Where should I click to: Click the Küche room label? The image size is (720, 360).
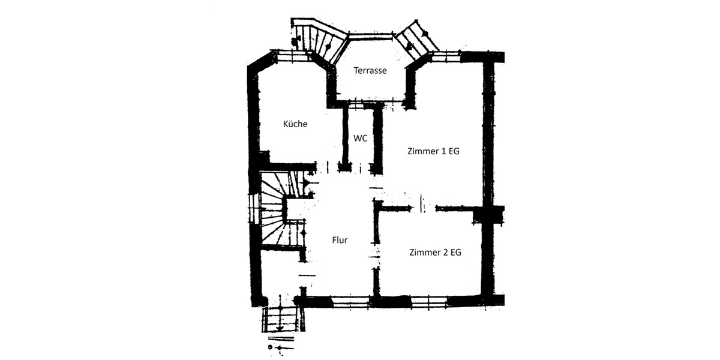point(295,124)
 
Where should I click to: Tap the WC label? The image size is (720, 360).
point(360,138)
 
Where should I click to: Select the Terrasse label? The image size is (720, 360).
point(370,70)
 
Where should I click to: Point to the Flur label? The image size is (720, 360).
point(340,240)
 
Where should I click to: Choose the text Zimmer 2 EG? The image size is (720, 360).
point(435,253)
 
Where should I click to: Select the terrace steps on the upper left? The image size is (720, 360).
point(318,39)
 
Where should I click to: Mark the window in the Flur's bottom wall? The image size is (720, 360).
point(350,301)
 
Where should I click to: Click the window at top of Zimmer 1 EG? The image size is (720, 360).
point(445,58)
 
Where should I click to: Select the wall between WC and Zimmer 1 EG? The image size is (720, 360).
point(377,138)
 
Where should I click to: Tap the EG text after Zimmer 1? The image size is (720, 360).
point(454,152)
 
